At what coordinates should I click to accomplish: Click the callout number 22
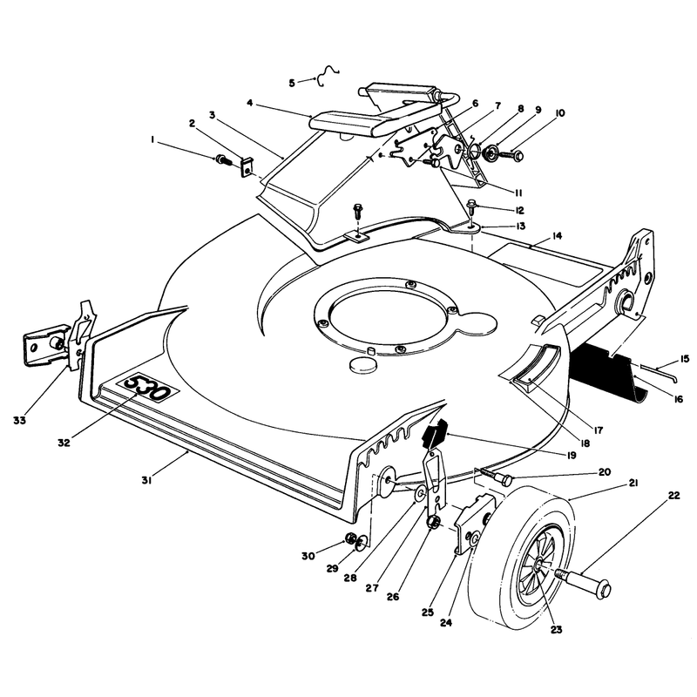pyautogui.click(x=673, y=496)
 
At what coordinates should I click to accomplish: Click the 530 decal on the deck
pyautogui.click(x=147, y=387)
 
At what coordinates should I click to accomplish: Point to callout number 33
pyautogui.click(x=19, y=420)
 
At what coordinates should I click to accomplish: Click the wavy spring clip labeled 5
pyautogui.click(x=328, y=76)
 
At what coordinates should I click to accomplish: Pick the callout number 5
pyautogui.click(x=292, y=83)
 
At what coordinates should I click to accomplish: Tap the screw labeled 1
pyautogui.click(x=223, y=159)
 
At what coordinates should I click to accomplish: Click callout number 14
pyautogui.click(x=557, y=235)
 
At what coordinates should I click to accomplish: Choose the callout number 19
pyautogui.click(x=570, y=455)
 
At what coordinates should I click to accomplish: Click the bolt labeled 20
pyautogui.click(x=494, y=476)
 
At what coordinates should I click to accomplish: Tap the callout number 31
pyautogui.click(x=146, y=481)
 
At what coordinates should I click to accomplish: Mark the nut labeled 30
pyautogui.click(x=350, y=539)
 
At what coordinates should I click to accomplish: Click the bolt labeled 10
pyautogui.click(x=510, y=155)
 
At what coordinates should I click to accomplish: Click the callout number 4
pyautogui.click(x=250, y=103)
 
